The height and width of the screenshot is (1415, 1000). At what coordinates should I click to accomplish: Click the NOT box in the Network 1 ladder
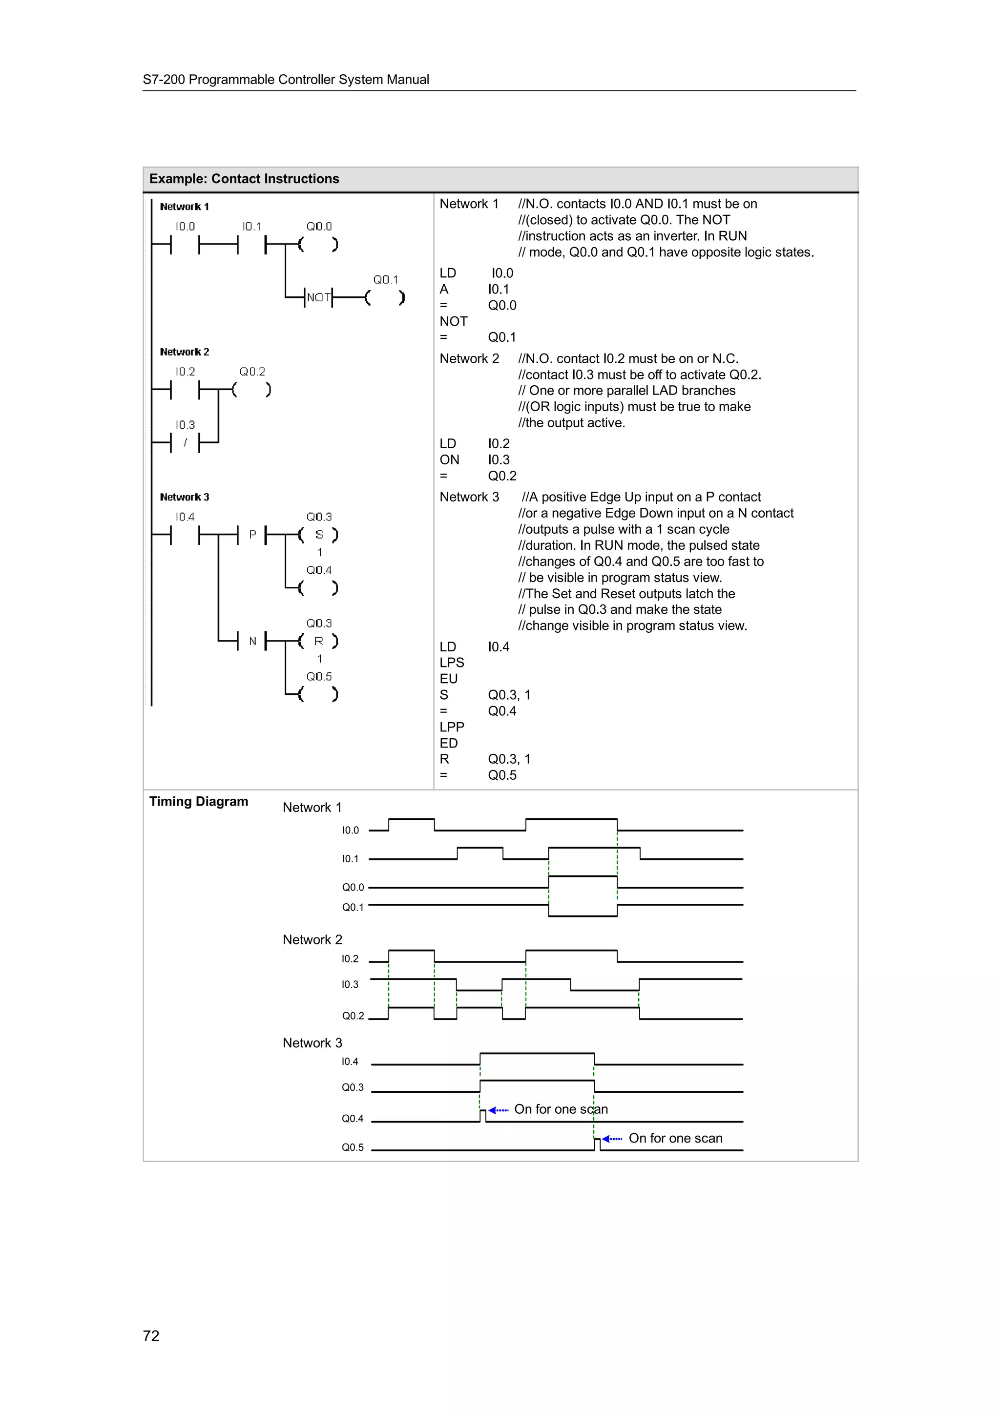click(318, 298)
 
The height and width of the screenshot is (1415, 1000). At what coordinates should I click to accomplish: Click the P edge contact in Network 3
click(252, 535)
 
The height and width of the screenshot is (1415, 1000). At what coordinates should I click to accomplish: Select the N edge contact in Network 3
click(252, 642)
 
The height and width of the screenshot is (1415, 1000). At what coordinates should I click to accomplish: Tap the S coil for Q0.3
click(318, 535)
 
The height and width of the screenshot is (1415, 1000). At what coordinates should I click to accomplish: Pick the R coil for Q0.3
click(318, 642)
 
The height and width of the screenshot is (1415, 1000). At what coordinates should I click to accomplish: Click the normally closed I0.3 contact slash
click(185, 442)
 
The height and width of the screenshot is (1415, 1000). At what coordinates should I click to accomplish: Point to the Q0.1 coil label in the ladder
click(386, 280)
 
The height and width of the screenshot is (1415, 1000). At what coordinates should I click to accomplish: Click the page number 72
click(151, 1335)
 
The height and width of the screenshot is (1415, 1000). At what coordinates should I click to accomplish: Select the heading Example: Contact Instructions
click(244, 179)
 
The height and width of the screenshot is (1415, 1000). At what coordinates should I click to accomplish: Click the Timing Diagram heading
click(198, 801)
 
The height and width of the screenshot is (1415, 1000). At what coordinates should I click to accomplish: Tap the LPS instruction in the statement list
click(452, 663)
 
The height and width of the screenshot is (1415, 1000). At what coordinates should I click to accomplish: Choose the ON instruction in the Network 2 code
click(449, 460)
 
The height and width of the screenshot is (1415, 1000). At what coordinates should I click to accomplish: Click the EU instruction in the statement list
click(449, 679)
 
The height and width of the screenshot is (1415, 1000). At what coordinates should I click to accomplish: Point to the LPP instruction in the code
click(452, 727)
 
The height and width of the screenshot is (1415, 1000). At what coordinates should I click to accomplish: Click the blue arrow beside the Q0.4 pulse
click(498, 1110)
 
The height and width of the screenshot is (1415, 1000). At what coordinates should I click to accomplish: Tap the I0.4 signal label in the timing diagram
click(350, 1061)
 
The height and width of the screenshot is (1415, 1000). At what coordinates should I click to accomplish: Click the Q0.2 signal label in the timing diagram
click(353, 1016)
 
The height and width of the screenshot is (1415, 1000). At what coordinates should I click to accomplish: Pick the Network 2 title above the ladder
click(184, 352)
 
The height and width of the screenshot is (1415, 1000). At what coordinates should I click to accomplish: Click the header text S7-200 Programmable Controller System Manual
click(286, 80)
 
